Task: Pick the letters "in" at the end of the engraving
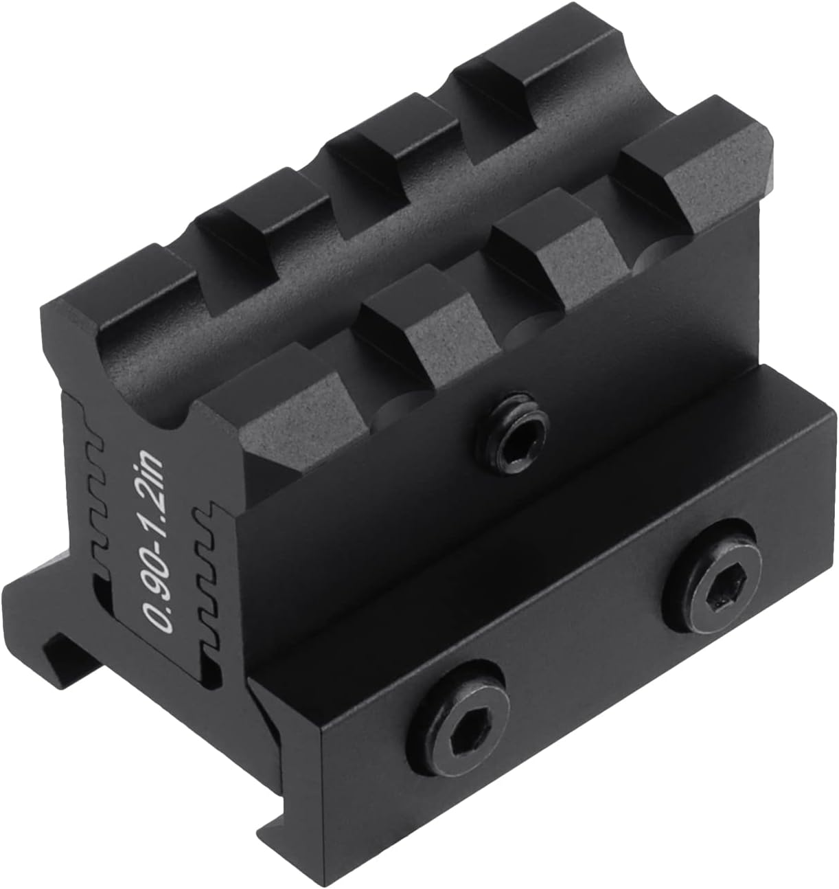coord(148,466)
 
